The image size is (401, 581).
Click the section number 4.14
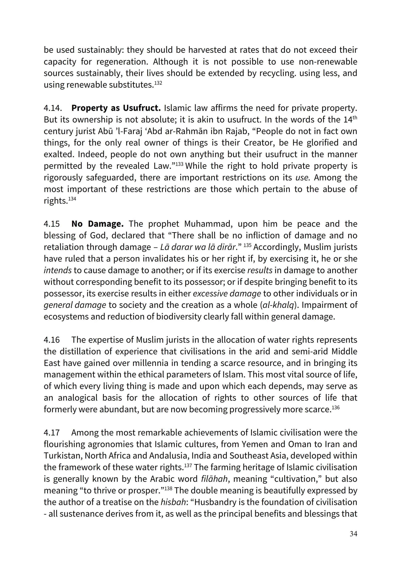click(53, 108)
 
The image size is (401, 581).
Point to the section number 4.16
click(52, 340)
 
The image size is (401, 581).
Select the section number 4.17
click(52, 433)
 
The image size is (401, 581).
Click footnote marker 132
click(158, 83)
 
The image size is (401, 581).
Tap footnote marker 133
click(179, 164)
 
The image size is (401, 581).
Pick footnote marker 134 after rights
click(72, 199)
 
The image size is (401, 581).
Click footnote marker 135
click(247, 245)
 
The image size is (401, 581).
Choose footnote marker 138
click(168, 489)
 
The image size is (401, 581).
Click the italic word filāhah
click(214, 479)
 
